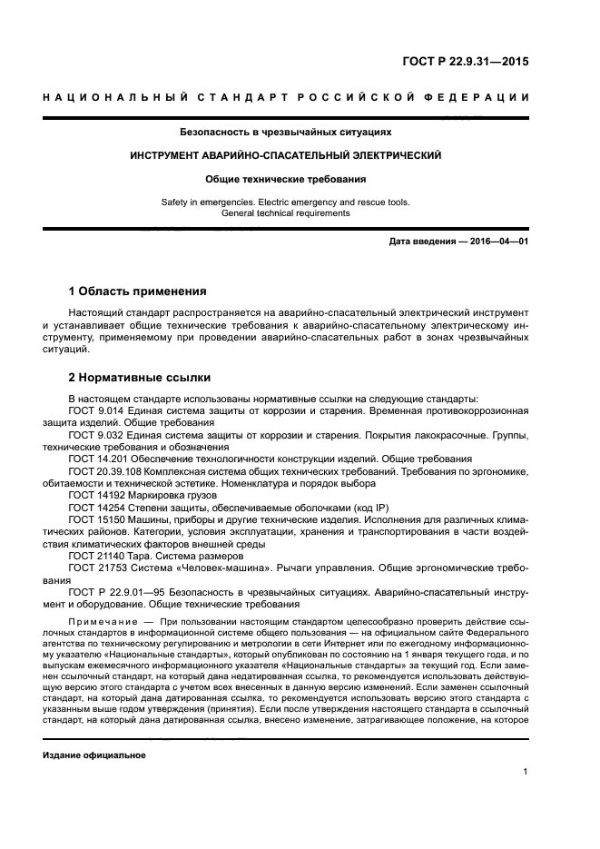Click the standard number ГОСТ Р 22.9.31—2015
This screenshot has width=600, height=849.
[x=466, y=63]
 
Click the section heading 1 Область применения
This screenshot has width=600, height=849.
[x=138, y=291]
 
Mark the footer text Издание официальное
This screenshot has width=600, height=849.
[x=93, y=755]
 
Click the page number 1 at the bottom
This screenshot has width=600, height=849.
[x=526, y=772]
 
